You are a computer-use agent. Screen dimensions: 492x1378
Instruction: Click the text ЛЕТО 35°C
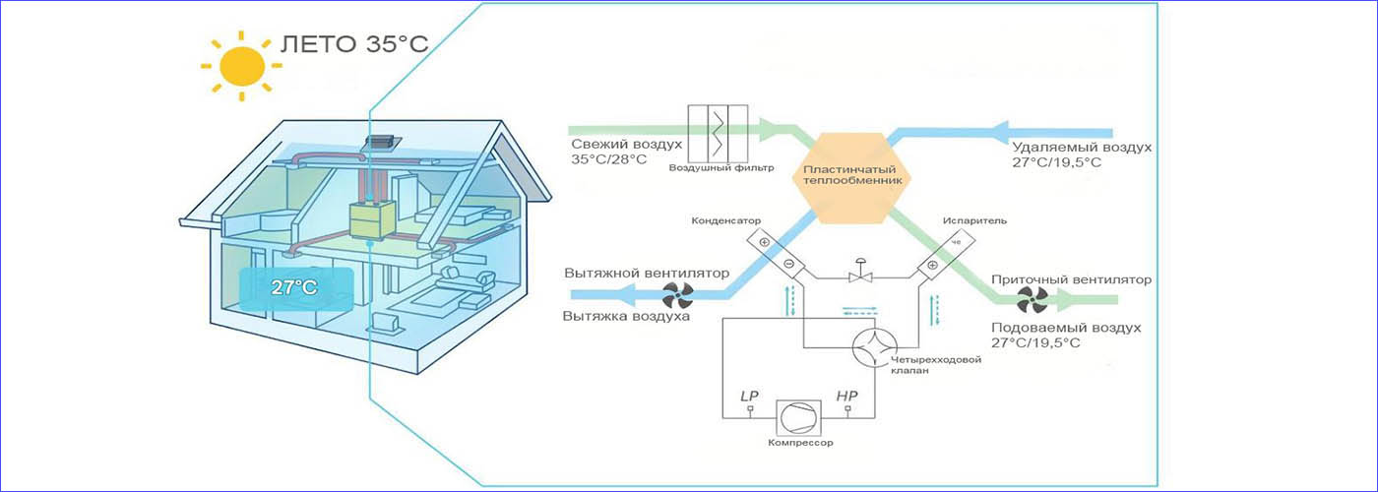point(353,45)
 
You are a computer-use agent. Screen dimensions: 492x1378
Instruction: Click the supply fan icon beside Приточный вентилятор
point(1033,299)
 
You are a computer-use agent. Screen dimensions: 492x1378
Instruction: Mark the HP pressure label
point(847,396)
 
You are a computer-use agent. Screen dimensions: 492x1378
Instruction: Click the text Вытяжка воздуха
point(626,317)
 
